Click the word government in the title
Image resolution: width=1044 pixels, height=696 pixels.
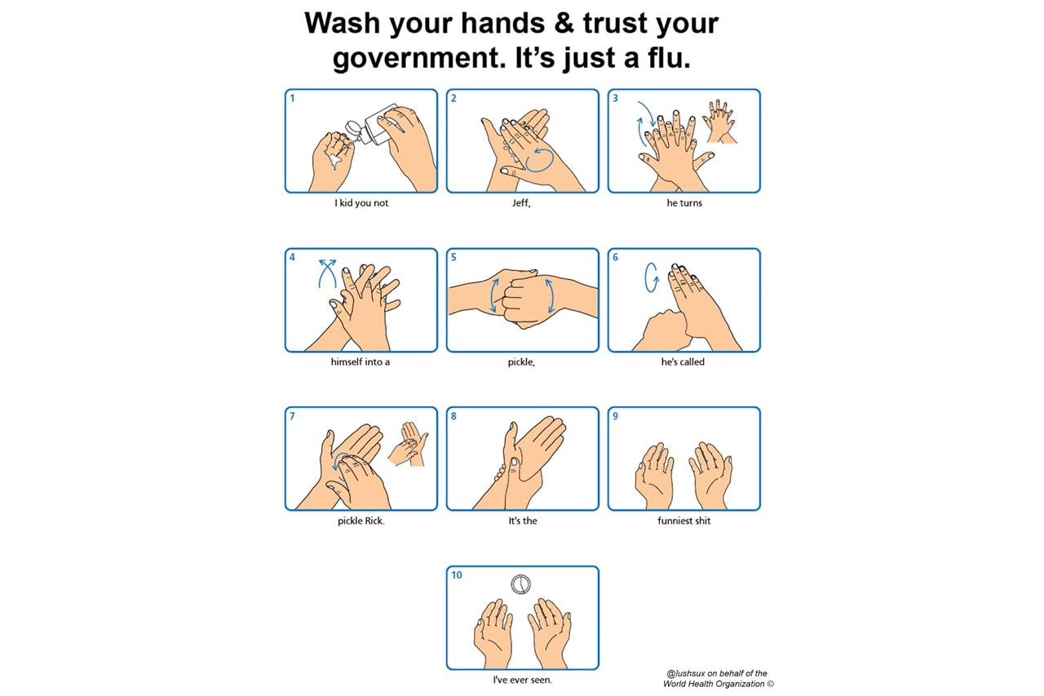click(x=416, y=60)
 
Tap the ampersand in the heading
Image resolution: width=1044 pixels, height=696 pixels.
click(x=564, y=23)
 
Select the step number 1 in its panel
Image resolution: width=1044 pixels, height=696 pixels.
click(x=292, y=98)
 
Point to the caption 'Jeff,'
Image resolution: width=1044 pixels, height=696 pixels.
click(x=521, y=203)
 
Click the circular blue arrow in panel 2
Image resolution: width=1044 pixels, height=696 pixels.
click(x=540, y=160)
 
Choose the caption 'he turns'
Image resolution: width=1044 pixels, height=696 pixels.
click(x=683, y=203)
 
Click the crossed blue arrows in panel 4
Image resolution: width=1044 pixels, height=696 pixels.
click(x=327, y=273)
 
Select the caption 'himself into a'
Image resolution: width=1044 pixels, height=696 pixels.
click(x=361, y=361)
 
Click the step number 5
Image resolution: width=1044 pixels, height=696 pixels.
click(x=453, y=257)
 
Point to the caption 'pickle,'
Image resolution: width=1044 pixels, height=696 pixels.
click(x=521, y=362)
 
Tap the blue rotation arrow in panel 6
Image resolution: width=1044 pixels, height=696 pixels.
click(x=651, y=277)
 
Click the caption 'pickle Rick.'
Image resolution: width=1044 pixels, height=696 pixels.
click(x=361, y=521)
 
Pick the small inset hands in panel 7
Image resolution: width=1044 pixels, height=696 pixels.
click(x=408, y=444)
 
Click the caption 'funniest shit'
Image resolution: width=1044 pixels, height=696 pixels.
click(x=683, y=521)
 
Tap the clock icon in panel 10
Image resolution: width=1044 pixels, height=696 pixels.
click(x=520, y=584)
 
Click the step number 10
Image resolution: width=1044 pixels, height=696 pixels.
click(x=456, y=574)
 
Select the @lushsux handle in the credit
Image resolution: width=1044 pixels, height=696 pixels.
click(x=686, y=673)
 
